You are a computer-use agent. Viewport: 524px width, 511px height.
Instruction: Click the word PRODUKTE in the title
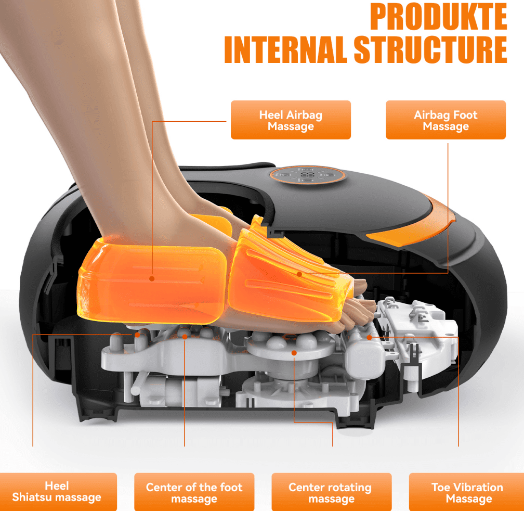tap(438, 17)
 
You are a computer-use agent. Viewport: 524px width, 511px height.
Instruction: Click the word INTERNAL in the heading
tap(286, 49)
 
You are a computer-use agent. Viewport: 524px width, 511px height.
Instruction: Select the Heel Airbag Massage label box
tap(291, 120)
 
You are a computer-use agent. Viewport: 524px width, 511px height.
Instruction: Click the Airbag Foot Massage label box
tap(446, 120)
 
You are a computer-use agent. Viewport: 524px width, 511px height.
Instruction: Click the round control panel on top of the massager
tap(307, 175)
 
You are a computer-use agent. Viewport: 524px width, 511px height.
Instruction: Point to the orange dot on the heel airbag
tap(152, 278)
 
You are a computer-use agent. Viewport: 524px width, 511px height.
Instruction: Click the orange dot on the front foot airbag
tap(299, 274)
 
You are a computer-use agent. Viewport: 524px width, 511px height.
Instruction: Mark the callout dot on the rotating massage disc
tap(294, 353)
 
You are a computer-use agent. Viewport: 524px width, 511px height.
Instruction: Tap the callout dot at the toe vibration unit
tap(369, 338)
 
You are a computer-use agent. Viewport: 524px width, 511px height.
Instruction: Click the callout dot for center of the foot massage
tap(185, 337)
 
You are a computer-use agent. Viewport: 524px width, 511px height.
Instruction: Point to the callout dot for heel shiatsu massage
tap(137, 335)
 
